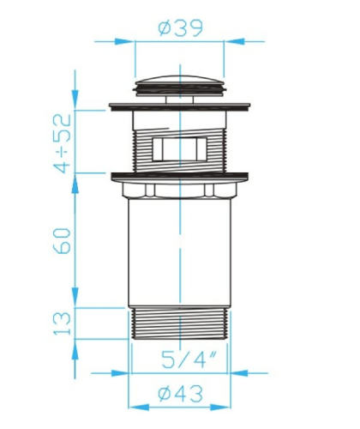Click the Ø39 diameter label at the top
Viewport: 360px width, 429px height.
coord(181,28)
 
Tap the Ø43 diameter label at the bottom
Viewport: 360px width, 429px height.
coord(181,394)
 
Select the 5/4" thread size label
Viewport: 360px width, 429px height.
coord(189,360)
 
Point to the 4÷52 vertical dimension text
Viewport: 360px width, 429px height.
coord(63,143)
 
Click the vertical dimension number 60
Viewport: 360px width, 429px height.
coord(63,241)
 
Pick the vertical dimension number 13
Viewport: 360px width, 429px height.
coord(63,323)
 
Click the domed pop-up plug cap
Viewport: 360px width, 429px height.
coord(180,85)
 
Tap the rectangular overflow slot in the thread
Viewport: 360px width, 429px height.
coord(180,149)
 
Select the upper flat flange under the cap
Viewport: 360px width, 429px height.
coord(180,107)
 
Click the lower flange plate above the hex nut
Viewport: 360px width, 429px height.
coord(180,177)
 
